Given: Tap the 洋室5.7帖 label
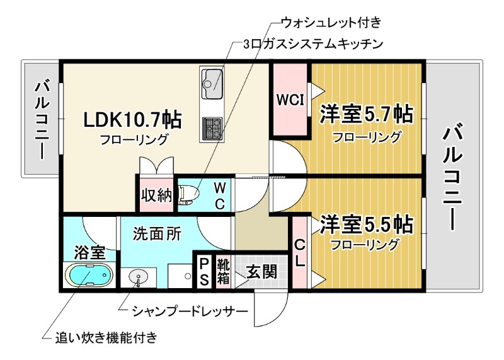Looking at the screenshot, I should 366,114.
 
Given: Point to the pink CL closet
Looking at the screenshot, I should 299,252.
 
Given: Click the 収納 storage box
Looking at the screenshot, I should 156,195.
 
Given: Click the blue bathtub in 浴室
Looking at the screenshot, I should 89,276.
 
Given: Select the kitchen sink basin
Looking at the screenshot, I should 212,81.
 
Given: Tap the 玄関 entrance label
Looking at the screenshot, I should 261,272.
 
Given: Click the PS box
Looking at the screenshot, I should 204,272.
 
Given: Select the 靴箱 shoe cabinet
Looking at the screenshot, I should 223,272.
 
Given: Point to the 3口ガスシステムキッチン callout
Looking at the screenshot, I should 313,44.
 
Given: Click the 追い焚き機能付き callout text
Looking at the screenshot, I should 106,337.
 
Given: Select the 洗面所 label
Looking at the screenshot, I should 157,234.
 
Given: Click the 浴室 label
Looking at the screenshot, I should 89,252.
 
